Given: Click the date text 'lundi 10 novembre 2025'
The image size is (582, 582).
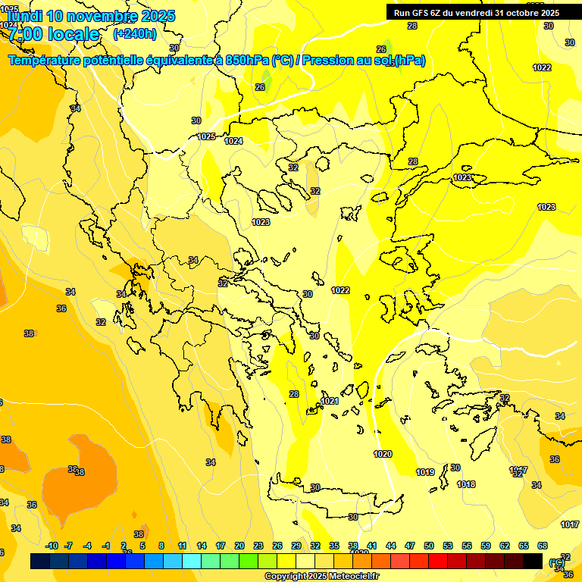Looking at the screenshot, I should tap(89, 15).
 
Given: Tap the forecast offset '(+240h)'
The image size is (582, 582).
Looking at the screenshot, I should tap(135, 33).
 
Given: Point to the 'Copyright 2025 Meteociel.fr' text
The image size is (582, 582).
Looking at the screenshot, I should tap(321, 577).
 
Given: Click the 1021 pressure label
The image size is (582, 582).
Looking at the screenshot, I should tap(330, 401).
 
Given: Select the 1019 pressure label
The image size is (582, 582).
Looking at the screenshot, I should tap(425, 472).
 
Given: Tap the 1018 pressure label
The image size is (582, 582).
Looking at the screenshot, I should tap(466, 484).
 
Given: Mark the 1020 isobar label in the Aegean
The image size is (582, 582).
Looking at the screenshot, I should tap(383, 454).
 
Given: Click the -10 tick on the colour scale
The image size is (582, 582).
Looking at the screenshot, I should tap(52, 546).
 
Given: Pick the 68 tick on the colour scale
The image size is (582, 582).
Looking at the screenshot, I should tap(543, 546).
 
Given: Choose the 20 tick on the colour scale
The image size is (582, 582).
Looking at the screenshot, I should tap(239, 546).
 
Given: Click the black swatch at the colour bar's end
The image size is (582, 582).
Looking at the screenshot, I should tap(533, 561).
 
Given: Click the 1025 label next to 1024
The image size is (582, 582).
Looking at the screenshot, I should tap(206, 136).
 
